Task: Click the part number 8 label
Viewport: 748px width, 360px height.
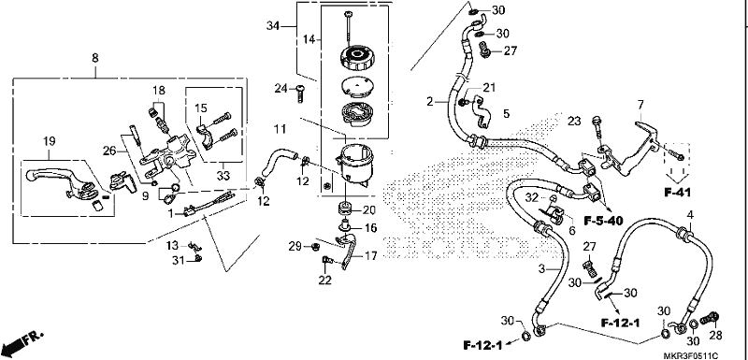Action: tap(95, 58)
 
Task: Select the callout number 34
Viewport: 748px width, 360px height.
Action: tap(273, 26)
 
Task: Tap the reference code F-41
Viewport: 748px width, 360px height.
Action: tap(677, 193)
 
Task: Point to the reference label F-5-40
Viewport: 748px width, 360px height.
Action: tap(603, 221)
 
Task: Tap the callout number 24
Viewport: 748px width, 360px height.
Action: tap(280, 88)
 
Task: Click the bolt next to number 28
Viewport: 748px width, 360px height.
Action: tap(711, 318)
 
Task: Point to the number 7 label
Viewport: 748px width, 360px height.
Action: tap(640, 105)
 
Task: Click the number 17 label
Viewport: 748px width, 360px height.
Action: tap(370, 255)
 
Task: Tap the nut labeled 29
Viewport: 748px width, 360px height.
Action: tap(315, 247)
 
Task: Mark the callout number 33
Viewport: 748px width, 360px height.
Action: tap(223, 176)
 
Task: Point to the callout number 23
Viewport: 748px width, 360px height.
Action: tap(574, 122)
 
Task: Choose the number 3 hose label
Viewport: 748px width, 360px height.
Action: tap(541, 269)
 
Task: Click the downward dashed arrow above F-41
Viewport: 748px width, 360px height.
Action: tap(677, 165)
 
